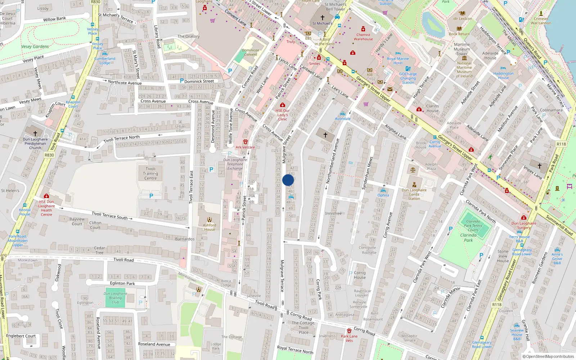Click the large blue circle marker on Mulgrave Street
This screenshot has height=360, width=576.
coord(288,180)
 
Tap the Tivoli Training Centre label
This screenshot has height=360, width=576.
coord(150,174)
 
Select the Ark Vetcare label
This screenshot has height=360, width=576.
coord(245,147)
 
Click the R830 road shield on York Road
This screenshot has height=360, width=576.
coord(49,155)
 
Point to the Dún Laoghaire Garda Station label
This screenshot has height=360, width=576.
coord(414,194)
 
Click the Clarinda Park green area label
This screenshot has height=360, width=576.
coord(468,238)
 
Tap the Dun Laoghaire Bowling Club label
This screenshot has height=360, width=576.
coord(115,298)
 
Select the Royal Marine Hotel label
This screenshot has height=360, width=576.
coord(398,60)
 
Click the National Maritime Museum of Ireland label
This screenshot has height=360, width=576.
coord(464,69)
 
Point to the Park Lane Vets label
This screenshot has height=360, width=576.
coord(349,338)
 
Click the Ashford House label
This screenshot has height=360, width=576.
coord(210,227)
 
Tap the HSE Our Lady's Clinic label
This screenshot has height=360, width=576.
coord(283,115)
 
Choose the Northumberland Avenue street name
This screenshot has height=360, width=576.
coord(333,161)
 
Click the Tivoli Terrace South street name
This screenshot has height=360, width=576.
coord(110,215)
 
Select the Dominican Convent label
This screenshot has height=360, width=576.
coord(251,53)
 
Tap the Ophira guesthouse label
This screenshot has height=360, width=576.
coord(383,195)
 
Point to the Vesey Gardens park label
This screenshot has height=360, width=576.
coord(35,46)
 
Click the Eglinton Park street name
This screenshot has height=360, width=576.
coord(122,283)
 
